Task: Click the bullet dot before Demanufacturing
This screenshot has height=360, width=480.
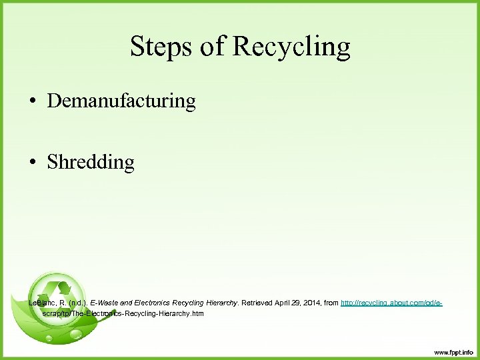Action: point(31,102)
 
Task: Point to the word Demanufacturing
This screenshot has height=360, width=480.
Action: point(121,101)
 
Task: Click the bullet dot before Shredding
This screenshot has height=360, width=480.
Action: point(31,163)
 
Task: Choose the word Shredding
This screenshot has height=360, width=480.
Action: point(91,163)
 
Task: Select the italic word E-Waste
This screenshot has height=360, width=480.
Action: point(105,303)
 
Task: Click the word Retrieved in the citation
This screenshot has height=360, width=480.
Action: point(256,303)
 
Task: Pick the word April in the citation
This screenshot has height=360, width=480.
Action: point(285,303)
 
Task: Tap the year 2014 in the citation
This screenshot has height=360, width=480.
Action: point(315,303)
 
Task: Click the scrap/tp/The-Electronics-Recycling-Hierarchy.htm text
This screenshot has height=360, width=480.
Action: point(123,313)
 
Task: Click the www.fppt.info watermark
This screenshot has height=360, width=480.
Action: point(453,352)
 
